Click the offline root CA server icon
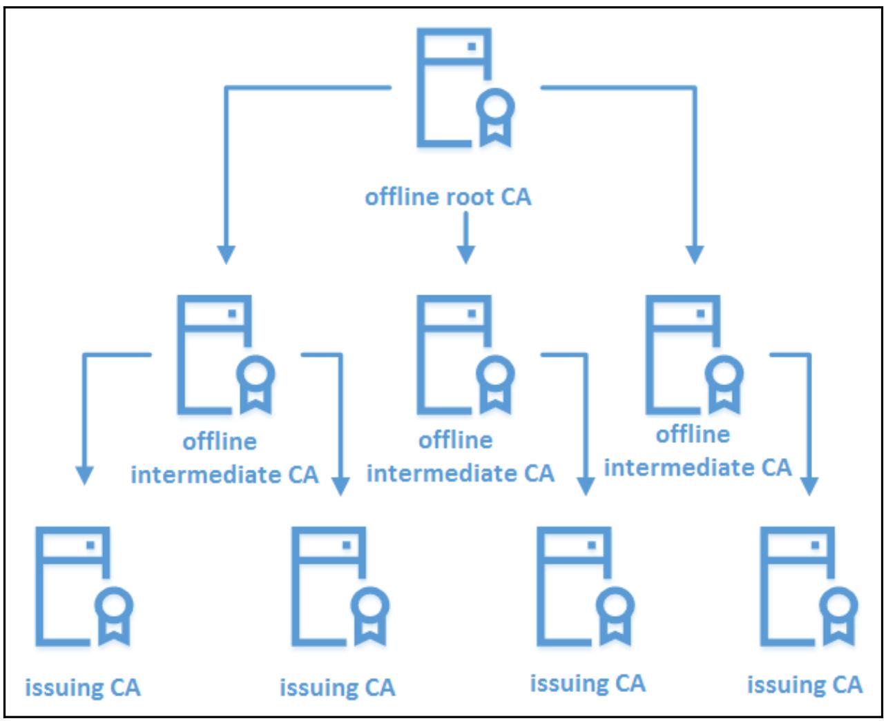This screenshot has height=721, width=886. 456,88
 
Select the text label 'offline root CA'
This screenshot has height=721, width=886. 448,197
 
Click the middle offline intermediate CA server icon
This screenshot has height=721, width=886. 456,355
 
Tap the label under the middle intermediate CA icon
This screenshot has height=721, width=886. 460,457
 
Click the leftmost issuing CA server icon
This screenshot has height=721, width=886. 75,586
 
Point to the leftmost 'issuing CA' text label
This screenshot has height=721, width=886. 83,687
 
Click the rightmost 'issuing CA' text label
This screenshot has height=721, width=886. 805,684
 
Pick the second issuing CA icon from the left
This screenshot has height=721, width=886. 330,586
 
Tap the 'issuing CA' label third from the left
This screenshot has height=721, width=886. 588,683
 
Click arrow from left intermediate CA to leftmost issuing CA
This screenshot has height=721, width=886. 85,414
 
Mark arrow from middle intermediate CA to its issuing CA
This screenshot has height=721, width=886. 586,421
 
